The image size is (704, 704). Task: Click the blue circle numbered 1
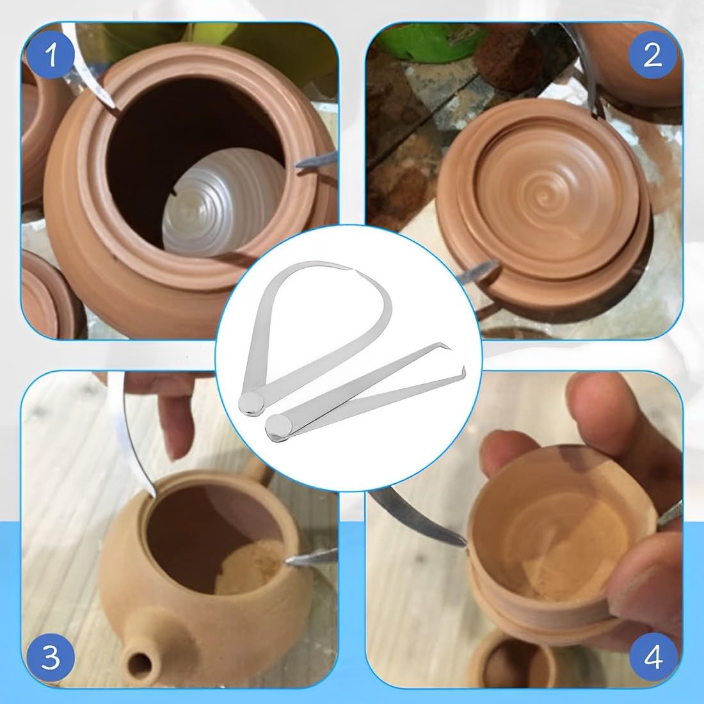tap(52, 56)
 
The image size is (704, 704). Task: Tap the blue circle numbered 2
tap(652, 56)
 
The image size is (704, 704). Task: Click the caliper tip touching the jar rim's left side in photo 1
tap(115, 106)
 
